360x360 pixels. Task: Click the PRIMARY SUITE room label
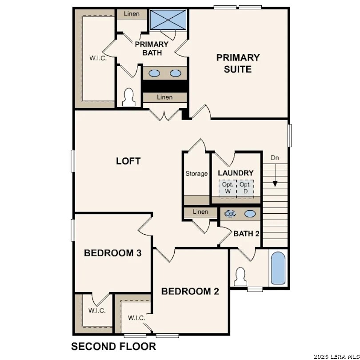[x=238, y=63]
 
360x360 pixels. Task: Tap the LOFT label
[x=128, y=161]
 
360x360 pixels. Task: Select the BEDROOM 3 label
[x=113, y=253]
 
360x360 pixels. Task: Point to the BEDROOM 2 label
[x=190, y=292]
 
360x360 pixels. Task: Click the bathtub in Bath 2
[x=278, y=268]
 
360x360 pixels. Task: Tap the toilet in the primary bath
[x=128, y=97]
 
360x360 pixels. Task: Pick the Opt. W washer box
[x=228, y=188]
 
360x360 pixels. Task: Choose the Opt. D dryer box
[x=245, y=188]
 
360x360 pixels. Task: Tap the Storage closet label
[x=196, y=174]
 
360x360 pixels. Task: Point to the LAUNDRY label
[x=236, y=173]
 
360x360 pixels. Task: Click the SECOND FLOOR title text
[x=114, y=346]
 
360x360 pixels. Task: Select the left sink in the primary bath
[x=155, y=73]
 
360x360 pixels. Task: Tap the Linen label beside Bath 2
[x=200, y=212]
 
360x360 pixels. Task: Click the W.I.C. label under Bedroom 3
[x=97, y=311]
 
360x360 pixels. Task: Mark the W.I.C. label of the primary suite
[x=98, y=58]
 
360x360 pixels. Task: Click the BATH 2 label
[x=246, y=234]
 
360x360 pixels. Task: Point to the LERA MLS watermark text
[x=336, y=356]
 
